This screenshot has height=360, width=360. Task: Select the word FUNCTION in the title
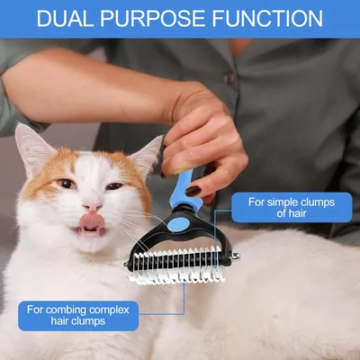[x=265, y=18]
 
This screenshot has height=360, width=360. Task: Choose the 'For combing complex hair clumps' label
[x=79, y=315]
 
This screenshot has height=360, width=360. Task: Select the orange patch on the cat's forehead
[x=81, y=162]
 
